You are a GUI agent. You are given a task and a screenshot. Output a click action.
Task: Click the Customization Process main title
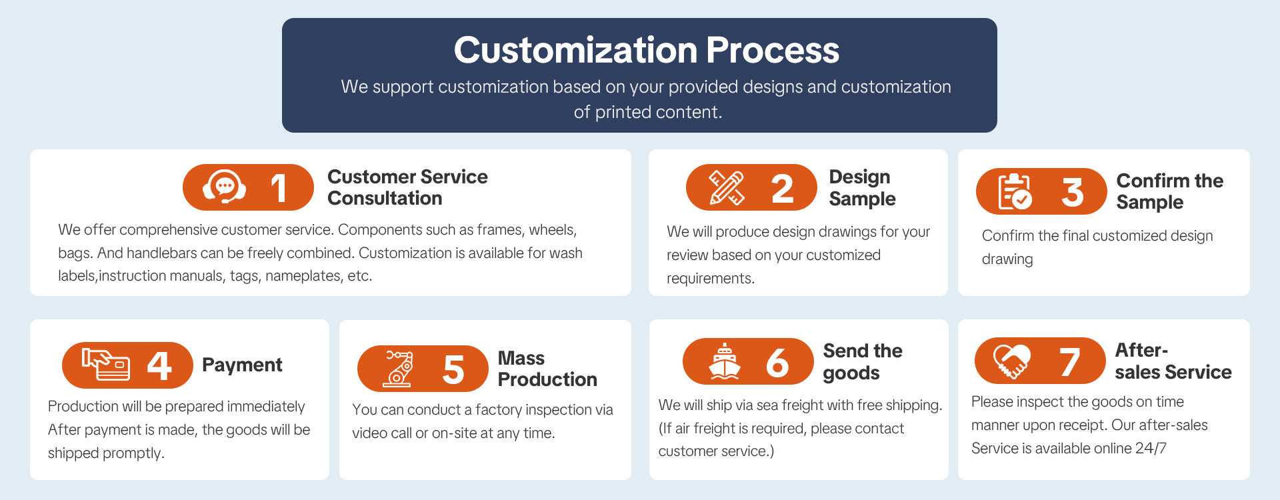tap(646, 50)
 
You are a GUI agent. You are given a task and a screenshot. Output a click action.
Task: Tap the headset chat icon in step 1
tap(224, 187)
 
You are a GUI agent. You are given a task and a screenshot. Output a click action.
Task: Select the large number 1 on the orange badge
tap(279, 188)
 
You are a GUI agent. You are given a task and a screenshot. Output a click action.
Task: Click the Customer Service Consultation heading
tap(407, 187)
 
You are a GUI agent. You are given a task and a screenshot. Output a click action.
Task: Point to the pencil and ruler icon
tap(726, 187)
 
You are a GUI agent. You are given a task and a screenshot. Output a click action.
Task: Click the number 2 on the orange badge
tap(782, 188)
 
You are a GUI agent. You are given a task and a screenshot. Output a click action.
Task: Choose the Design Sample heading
tap(862, 188)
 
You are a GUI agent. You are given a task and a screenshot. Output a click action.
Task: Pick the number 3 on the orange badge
tap(1072, 192)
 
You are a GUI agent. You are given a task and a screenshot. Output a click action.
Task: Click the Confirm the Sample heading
tap(1170, 191)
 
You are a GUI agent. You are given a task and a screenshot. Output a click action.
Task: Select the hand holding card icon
tap(106, 364)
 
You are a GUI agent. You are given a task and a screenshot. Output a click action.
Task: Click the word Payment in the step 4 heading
tap(242, 365)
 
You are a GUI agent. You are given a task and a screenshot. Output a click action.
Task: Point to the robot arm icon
tap(398, 369)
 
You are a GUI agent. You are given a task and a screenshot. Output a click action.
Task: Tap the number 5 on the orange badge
tap(453, 369)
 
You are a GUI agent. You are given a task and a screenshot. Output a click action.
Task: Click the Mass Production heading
tap(547, 369)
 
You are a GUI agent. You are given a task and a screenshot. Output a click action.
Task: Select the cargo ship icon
tap(725, 361)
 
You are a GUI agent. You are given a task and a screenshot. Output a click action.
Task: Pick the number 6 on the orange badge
tap(777, 362)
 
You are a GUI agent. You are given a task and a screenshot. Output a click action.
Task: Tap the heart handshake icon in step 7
tap(1012, 361)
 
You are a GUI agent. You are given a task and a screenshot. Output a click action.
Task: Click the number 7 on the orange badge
tap(1069, 361)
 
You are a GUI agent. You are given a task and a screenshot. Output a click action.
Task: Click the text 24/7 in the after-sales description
tap(1151, 448)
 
